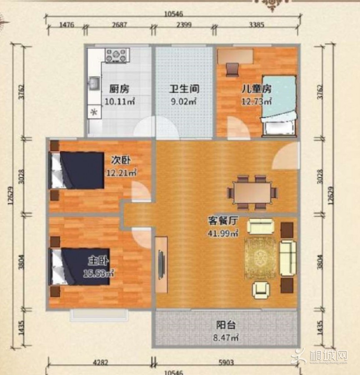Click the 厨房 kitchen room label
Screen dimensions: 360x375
pos(119,89)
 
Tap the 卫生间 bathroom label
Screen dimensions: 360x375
pos(184,89)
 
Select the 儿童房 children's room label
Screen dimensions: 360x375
pos(257,89)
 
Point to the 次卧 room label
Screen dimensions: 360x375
pos(121,160)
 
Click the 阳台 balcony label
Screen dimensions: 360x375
pos(226,325)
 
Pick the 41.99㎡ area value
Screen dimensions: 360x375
pos(223,233)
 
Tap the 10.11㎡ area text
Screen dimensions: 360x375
pos(120,102)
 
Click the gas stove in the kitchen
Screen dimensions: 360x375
pos(117,55)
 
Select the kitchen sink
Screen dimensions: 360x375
pos(94,83)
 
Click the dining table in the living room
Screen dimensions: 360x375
pos(252,192)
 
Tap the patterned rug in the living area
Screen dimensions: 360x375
pos(260,258)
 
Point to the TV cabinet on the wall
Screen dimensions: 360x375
pos(161,265)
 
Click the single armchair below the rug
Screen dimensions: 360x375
pos(261,290)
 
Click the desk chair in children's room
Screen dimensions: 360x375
pos(232,70)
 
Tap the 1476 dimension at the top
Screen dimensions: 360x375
pos(67,25)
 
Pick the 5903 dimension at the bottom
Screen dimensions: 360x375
pos(226,363)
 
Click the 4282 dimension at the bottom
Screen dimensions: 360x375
pos(100,363)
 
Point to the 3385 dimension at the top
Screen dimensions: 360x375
pos(257,25)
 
